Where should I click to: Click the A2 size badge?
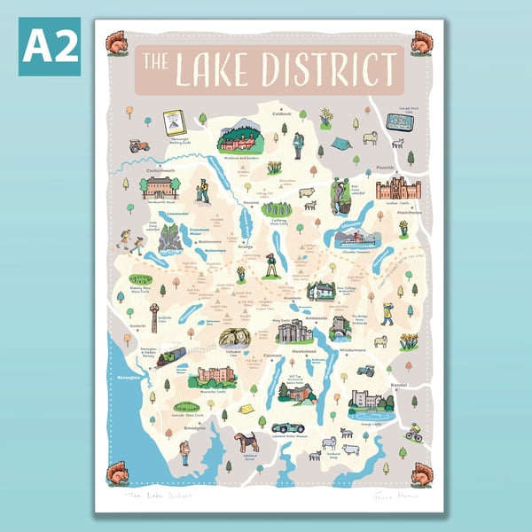coord(50,45)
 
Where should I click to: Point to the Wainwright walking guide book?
coord(175,122)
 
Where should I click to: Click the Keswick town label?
coord(252,202)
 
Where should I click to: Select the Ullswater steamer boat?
coord(356,239)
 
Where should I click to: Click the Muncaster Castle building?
coord(215,375)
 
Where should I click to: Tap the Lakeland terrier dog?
coord(246,441)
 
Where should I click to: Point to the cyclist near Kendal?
coord(413,432)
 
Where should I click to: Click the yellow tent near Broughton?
coord(246,409)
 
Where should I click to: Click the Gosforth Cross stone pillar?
coord(153,316)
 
